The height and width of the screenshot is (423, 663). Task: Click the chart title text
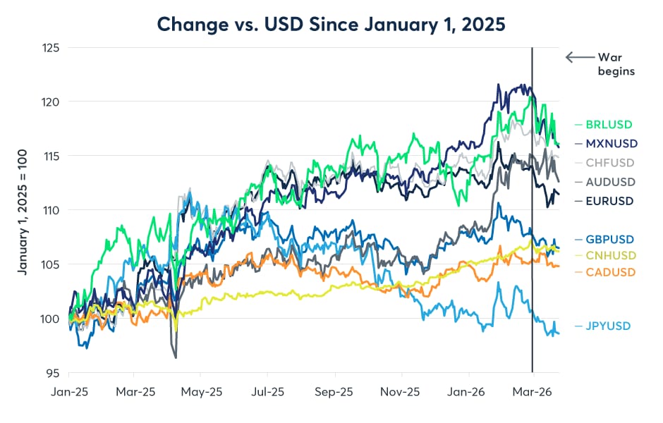coord(331,23)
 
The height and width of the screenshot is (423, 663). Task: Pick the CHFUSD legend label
coord(611,162)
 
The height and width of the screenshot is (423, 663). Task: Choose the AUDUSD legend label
coord(611,181)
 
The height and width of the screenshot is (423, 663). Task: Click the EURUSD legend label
coord(610,201)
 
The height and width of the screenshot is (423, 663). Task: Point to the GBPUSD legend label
coord(611,238)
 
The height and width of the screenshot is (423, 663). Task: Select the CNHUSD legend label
coord(611,255)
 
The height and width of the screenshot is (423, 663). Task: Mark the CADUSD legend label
coord(611,272)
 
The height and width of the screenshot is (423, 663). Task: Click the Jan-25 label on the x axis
coord(69,391)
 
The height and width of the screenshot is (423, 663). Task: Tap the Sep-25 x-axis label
coord(334,391)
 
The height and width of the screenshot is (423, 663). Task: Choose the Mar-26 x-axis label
coord(533,391)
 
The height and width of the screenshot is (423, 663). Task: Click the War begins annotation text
coord(616,64)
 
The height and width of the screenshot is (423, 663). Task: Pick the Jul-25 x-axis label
coord(268,391)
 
